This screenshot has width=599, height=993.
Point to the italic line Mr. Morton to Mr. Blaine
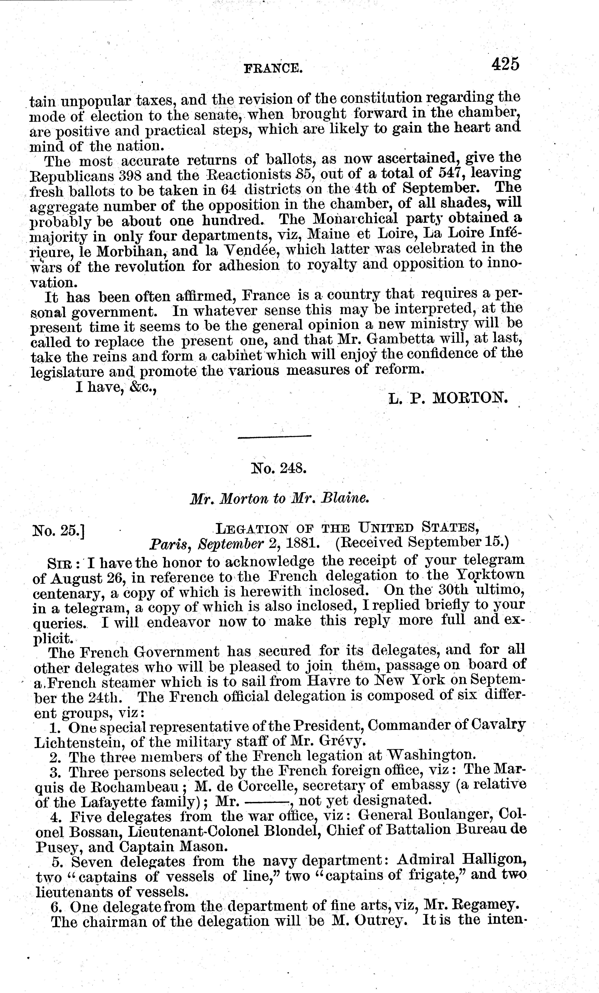click(x=279, y=499)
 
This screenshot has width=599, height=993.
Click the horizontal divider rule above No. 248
click(x=275, y=436)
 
